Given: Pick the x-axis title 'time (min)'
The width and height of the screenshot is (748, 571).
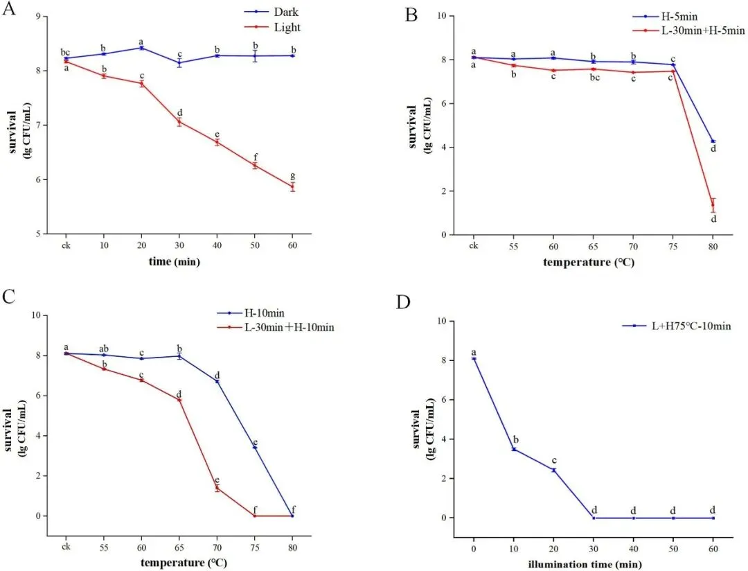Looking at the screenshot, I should [179, 261].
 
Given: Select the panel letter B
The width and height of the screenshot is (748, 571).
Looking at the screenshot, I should [411, 14].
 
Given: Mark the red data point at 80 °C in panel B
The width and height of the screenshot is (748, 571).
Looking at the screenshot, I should [713, 204].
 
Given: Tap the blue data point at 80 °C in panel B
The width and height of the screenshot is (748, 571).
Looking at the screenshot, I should [713, 141].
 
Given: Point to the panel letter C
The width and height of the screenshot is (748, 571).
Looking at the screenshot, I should [9, 297].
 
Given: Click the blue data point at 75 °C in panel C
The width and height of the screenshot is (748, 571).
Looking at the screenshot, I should [255, 448].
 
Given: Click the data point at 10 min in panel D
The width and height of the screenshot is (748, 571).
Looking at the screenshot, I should [513, 449].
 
